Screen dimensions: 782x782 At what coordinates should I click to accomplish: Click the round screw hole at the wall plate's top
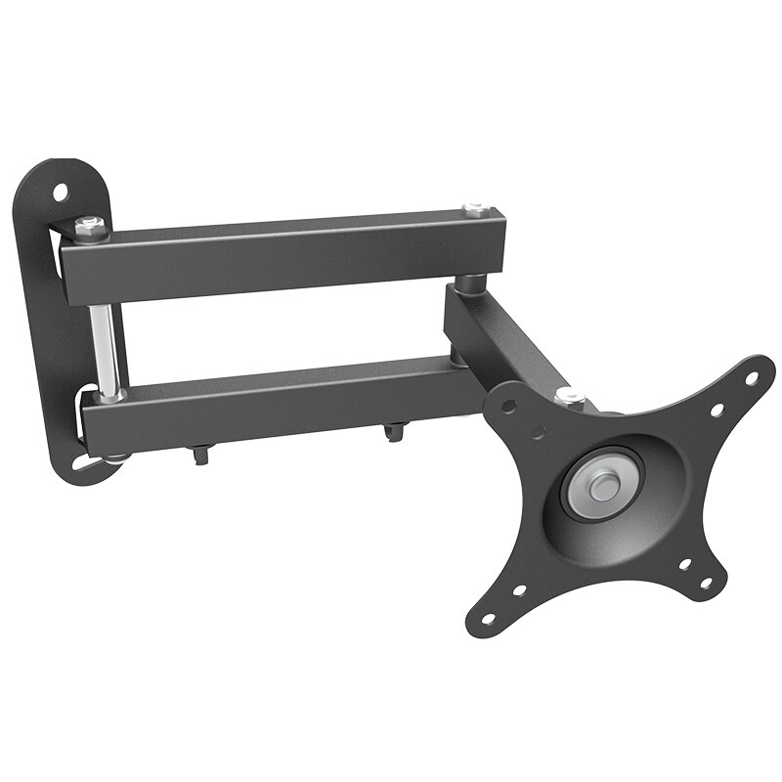(x=62, y=192)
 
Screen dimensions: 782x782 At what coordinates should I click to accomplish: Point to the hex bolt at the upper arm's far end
(x=476, y=209)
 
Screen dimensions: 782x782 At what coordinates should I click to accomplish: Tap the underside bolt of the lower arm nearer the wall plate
(x=200, y=453)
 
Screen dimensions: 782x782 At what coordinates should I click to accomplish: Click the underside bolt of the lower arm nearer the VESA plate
(x=393, y=430)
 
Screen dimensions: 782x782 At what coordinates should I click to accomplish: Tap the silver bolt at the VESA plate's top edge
(x=570, y=397)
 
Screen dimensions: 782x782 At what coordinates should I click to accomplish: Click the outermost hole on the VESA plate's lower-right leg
(x=706, y=584)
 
